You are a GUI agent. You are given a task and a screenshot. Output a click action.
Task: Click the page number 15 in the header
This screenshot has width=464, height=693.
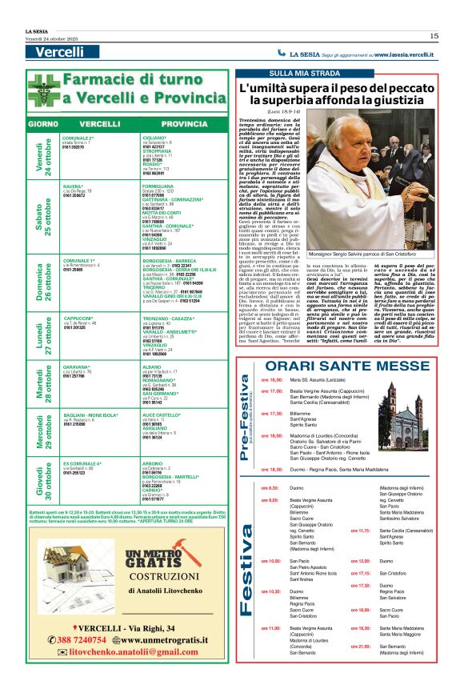pyautogui.click(x=434, y=35)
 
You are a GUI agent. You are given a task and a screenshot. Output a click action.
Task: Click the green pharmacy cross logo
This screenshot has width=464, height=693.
pyautogui.click(x=43, y=89)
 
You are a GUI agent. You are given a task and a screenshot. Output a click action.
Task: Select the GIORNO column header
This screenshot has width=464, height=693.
pyautogui.click(x=42, y=126)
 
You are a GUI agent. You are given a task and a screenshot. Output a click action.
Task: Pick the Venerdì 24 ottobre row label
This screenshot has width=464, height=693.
pyautogui.click(x=42, y=153)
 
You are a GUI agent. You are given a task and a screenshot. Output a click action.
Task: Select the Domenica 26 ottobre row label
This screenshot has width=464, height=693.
pyautogui.click(x=42, y=279)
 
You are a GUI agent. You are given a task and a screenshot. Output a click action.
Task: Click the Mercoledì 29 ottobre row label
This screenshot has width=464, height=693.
pyautogui.click(x=42, y=433)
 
